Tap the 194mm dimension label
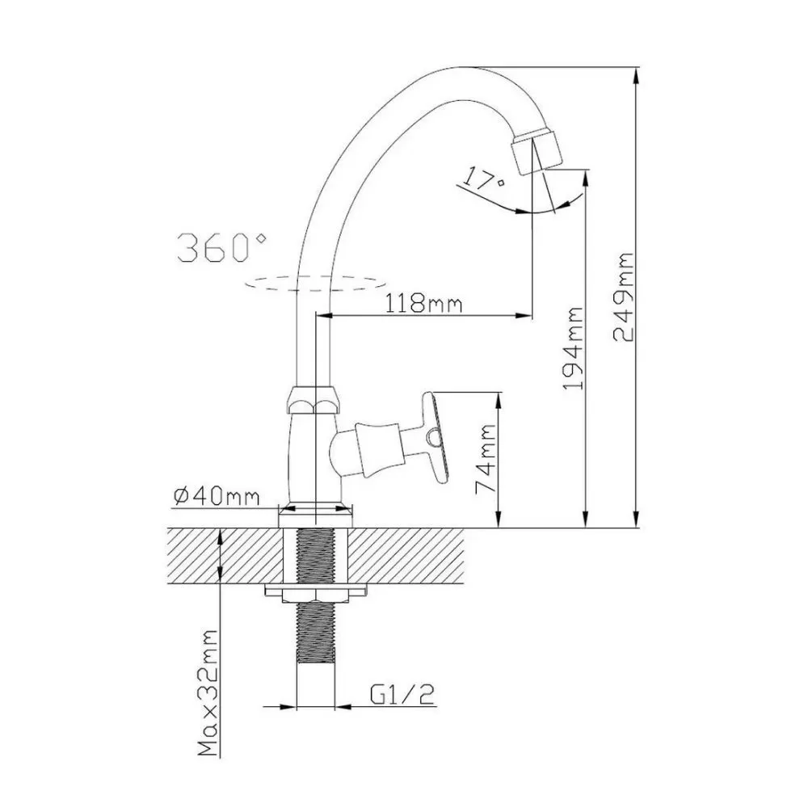tap(573, 349)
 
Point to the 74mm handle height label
tap(486, 458)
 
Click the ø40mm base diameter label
tap(217, 496)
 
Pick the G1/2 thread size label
tap(402, 695)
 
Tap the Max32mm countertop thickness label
tap(208, 692)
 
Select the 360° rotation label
tap(222, 247)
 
